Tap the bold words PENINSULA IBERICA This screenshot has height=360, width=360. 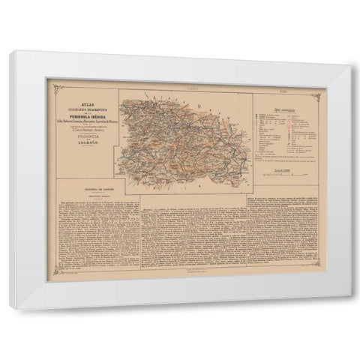pos(87,120)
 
